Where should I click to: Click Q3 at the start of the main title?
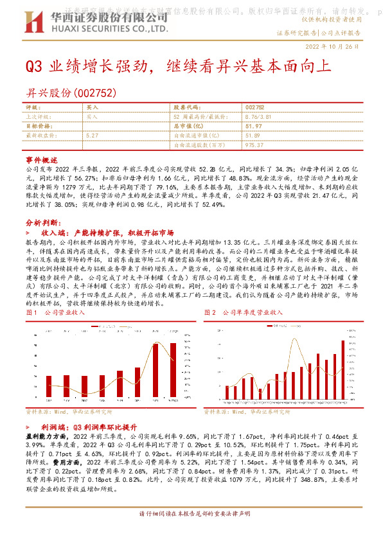[x=33, y=66]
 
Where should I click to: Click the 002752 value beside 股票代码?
[x=254, y=108]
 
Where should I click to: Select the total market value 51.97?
[x=254, y=127]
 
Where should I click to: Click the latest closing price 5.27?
[x=92, y=136]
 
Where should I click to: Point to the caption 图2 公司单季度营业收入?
[x=244, y=312]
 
